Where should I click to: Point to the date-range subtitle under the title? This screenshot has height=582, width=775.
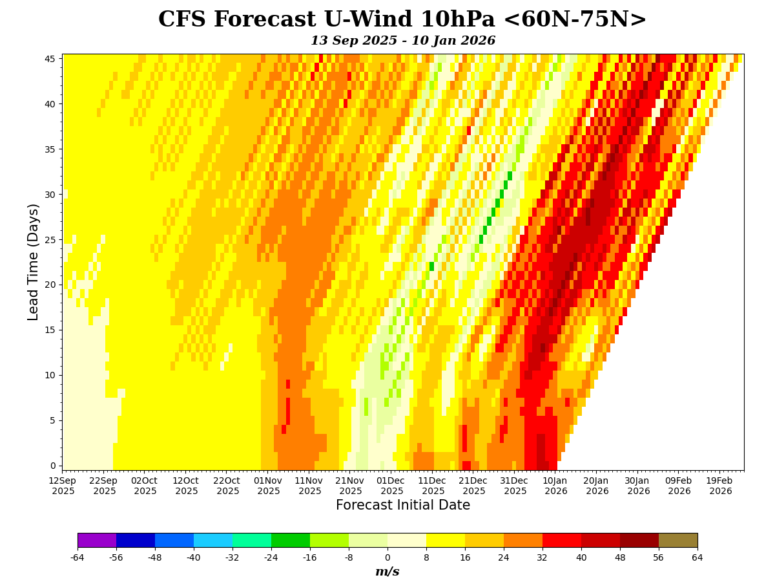point(402,41)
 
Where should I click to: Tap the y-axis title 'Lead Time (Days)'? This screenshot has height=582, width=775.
point(34,262)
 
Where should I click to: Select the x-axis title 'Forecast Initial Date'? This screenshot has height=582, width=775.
point(402,506)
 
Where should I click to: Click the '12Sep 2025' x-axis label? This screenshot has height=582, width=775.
point(63,486)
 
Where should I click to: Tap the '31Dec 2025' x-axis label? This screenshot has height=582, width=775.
point(515,486)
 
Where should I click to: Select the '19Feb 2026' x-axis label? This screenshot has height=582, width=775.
point(720,486)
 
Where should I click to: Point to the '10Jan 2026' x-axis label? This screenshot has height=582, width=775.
point(555,486)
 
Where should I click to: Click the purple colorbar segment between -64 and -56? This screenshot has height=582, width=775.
point(97,540)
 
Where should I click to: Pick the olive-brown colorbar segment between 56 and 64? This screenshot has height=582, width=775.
point(678,540)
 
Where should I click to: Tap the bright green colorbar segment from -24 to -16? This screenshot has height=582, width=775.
point(291,540)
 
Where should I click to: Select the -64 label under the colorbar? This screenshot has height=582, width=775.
point(77,557)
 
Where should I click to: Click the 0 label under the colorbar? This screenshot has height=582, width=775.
point(387,557)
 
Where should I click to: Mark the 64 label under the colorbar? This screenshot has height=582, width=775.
point(697,557)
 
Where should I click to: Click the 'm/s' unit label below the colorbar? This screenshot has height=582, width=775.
point(387,572)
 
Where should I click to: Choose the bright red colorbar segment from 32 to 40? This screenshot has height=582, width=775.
point(562,540)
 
